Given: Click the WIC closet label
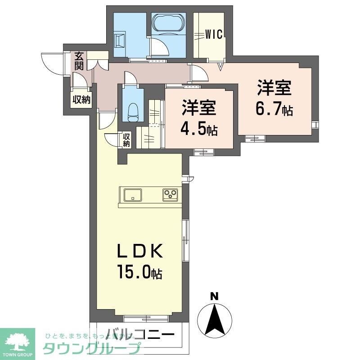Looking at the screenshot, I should (x=214, y=34).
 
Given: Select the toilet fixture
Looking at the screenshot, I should (x=133, y=111).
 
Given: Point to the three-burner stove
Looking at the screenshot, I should (x=171, y=194).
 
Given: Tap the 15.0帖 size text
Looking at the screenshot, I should (x=139, y=272).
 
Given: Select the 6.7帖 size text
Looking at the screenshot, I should (x=274, y=108).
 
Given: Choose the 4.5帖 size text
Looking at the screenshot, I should (x=198, y=129).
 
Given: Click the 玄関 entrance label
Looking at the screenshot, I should (x=79, y=61).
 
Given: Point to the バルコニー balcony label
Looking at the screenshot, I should (x=141, y=335).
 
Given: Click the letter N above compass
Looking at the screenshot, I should (x=215, y=296).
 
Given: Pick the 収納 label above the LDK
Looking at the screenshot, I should (x=126, y=140).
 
